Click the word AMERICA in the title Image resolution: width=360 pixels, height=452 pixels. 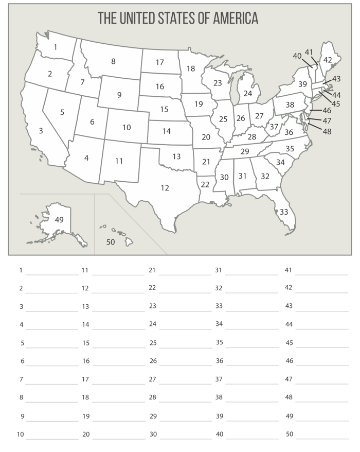click(x=230, y=19)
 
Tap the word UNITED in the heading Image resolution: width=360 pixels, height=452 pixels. click(x=138, y=19)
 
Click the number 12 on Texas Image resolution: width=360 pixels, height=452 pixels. click(x=165, y=188)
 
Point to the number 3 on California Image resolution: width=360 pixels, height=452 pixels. click(x=41, y=131)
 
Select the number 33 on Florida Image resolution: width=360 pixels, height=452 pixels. click(x=284, y=212)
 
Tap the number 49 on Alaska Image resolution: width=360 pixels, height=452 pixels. click(x=59, y=220)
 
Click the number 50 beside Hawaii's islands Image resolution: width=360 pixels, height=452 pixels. click(x=111, y=241)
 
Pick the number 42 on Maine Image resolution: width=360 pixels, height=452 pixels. click(x=328, y=60)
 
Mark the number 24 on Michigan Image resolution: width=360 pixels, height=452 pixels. click(x=248, y=93)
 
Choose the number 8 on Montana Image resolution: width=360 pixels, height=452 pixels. click(x=113, y=61)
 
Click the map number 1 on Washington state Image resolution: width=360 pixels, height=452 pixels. click(x=55, y=47)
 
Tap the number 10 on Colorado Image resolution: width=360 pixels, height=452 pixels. click(x=127, y=127)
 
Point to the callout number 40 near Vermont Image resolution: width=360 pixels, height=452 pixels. click(x=297, y=56)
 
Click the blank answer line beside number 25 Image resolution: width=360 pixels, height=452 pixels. click(x=185, y=346)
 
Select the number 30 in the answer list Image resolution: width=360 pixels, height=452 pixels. click(x=153, y=434)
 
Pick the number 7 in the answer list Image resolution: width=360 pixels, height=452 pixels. click(x=22, y=379)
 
